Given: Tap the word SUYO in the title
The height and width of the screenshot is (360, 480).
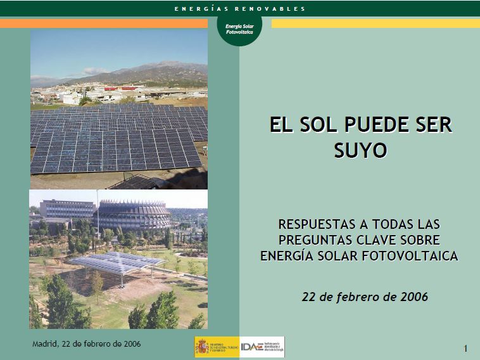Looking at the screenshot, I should tap(359, 150).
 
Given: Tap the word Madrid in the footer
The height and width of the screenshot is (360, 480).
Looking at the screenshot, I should tap(46, 344).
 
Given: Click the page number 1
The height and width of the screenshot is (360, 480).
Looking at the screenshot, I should tap(465, 349).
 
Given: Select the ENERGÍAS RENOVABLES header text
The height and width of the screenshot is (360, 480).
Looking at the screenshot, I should tap(240, 8).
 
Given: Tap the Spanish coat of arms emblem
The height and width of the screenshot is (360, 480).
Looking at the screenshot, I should tap(203, 347).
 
